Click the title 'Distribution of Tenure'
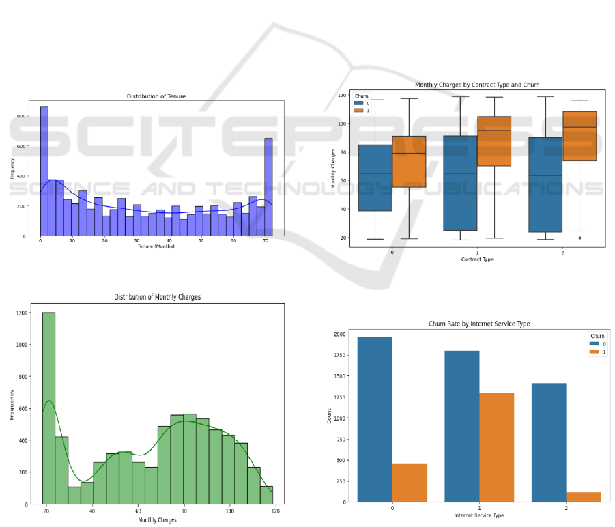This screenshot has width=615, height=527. pos(156,96)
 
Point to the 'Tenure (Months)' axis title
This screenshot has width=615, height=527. pos(156,246)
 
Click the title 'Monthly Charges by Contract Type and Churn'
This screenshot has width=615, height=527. pos(477,85)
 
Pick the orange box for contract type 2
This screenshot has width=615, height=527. pos(579,136)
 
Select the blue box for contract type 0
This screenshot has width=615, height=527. pos(375,177)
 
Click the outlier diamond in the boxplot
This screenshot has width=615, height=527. pos(580,238)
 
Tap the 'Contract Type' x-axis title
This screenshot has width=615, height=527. pos(477,259)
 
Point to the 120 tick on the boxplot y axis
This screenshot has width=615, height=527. pos(341,95)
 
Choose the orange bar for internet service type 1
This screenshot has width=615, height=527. pos(496,447)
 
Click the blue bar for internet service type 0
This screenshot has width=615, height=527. pos(375,419)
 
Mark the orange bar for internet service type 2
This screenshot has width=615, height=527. pos(583,497)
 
